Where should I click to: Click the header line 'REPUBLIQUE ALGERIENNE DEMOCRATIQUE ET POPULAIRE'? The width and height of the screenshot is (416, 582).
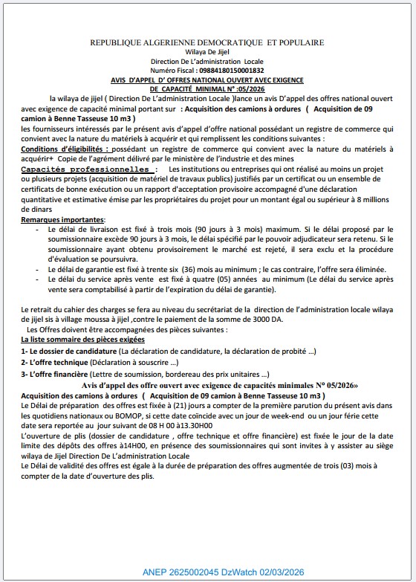pos(207,44)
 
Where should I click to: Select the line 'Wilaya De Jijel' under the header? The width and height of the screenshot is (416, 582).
pos(207,53)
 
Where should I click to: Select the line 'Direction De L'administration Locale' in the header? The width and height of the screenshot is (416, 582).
pos(207,62)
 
